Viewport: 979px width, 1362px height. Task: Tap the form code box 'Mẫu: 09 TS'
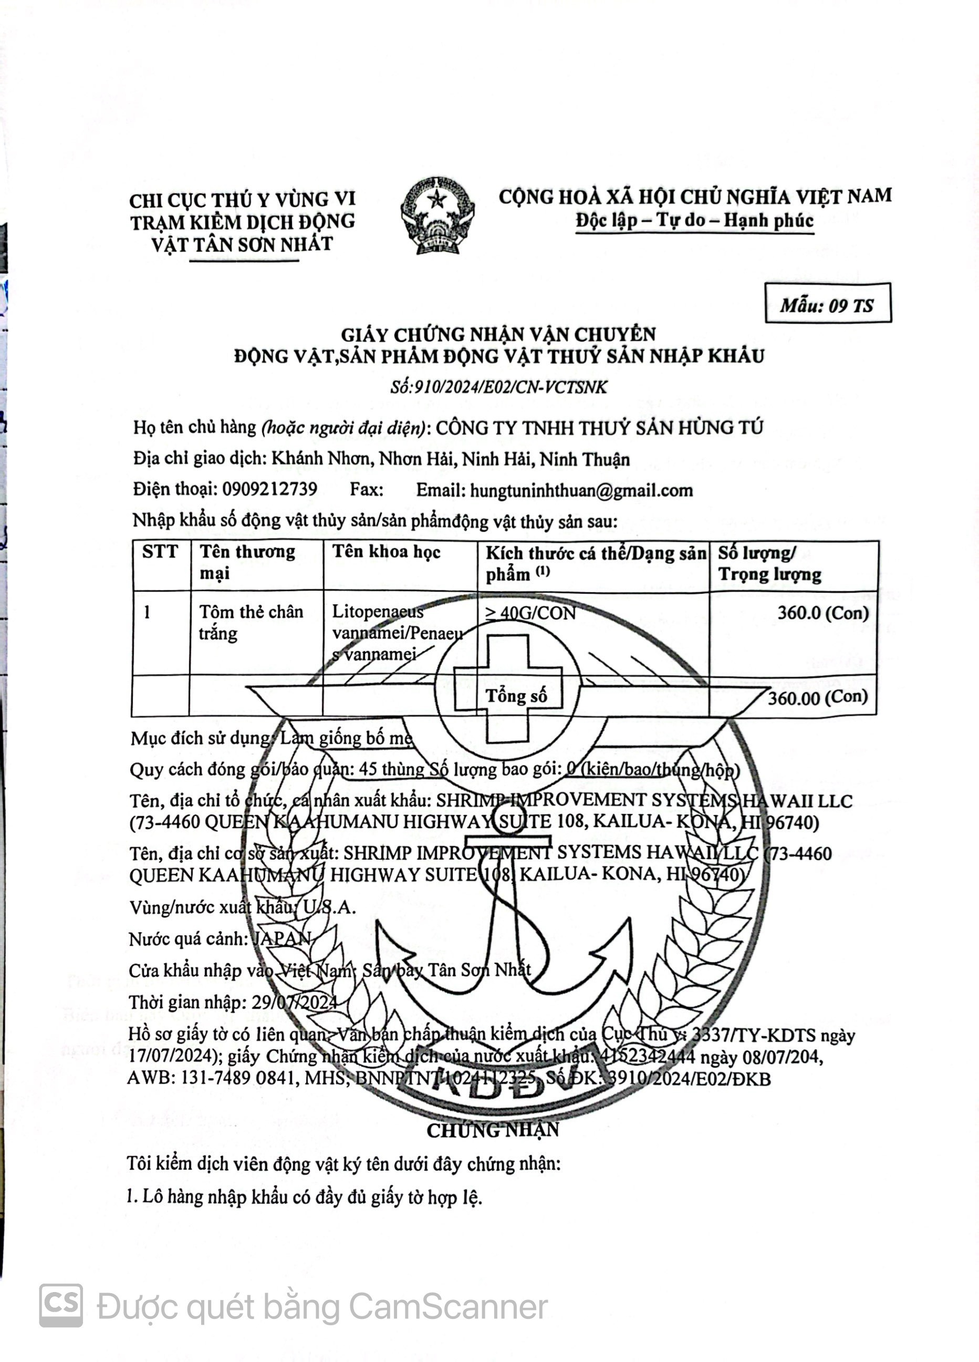coord(827,305)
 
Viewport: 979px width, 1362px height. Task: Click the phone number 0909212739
coord(269,489)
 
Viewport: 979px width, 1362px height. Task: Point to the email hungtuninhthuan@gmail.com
coord(581,491)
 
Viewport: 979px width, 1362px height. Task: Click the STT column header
coord(160,552)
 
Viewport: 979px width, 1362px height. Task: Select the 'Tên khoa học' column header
coord(386,552)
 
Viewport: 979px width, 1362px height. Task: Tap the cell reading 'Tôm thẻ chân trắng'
coord(251,622)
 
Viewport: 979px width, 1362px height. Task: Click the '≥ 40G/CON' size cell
coord(530,613)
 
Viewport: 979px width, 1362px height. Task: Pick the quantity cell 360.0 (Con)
coord(823,613)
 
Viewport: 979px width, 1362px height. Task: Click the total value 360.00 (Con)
coord(818,697)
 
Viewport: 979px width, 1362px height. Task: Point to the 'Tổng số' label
coord(516,697)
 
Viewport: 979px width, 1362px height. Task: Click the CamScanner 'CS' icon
coord(60,1306)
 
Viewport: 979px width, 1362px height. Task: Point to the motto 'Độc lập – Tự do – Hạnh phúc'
coord(694,220)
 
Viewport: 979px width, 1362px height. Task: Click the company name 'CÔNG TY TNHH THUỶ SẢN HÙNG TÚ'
coord(599,428)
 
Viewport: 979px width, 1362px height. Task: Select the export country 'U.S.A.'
coord(329,907)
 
